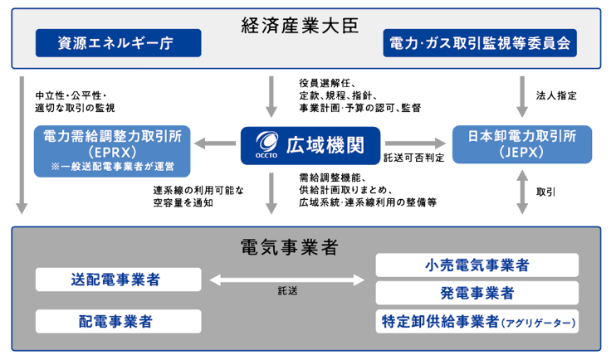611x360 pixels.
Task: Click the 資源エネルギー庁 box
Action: [118, 42]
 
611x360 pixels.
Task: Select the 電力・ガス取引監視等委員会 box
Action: [480, 42]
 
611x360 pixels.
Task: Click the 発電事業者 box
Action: [477, 293]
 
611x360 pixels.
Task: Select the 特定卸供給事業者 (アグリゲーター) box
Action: [477, 320]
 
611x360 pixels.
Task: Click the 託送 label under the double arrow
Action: [288, 292]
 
